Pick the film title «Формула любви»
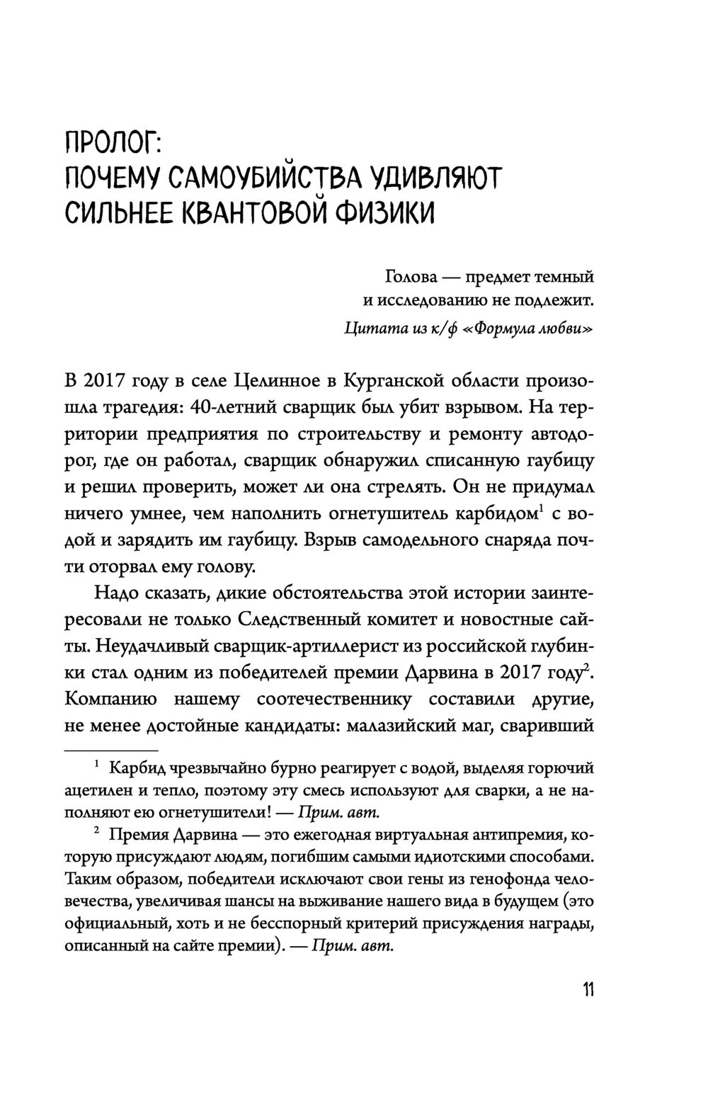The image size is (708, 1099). [x=527, y=329]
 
